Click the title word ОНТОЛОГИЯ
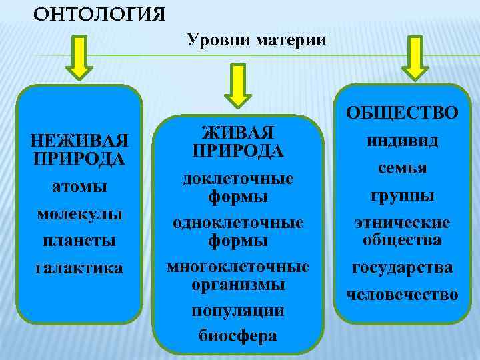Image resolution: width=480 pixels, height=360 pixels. (x=99, y=13)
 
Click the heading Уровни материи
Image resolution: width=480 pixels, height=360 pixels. (x=257, y=40)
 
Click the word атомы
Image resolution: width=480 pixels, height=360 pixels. (x=80, y=188)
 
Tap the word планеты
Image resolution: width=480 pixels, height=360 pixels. (x=80, y=239)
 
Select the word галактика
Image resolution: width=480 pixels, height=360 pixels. (x=80, y=267)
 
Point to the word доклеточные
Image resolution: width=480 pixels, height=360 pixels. (x=238, y=179)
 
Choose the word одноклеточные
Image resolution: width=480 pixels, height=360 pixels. (x=238, y=222)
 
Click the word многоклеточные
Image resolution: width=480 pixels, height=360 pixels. (x=238, y=267)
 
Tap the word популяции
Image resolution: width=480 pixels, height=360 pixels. (x=238, y=311)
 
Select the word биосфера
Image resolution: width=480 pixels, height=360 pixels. (x=238, y=335)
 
